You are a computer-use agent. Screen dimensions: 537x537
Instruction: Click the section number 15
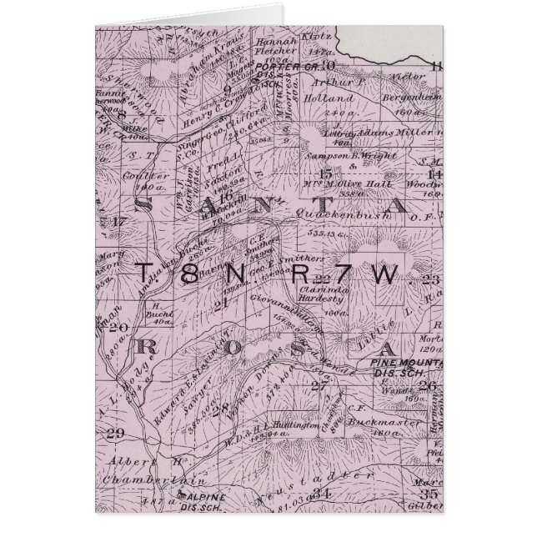(x=327, y=173)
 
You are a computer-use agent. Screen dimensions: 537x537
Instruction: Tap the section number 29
(x=116, y=431)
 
